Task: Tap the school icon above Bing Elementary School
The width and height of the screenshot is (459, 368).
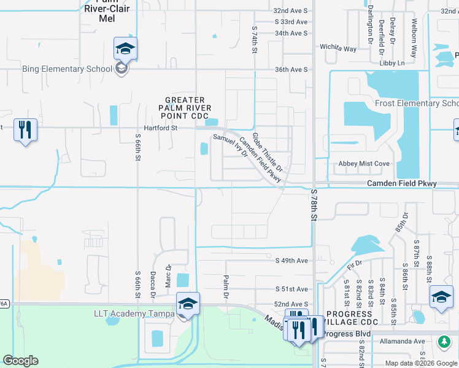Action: [x=125, y=48]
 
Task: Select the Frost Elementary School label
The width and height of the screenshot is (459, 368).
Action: [x=418, y=103]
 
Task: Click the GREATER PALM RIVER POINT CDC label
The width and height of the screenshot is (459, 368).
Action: [x=185, y=109]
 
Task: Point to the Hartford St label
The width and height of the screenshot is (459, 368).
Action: [x=160, y=128]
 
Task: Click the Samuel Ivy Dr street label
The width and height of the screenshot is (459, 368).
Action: [x=230, y=147]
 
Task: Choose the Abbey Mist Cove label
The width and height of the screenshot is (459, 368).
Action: [x=364, y=164]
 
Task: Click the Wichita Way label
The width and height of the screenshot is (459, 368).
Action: [x=338, y=48]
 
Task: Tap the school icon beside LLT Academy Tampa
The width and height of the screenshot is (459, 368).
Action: [x=188, y=304]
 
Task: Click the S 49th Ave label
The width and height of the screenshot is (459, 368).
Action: [x=291, y=260]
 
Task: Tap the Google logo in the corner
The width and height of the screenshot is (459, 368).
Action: [x=20, y=361]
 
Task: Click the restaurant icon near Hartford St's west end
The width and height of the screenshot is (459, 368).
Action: [x=25, y=129]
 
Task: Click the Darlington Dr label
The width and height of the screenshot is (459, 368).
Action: [x=371, y=35]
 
